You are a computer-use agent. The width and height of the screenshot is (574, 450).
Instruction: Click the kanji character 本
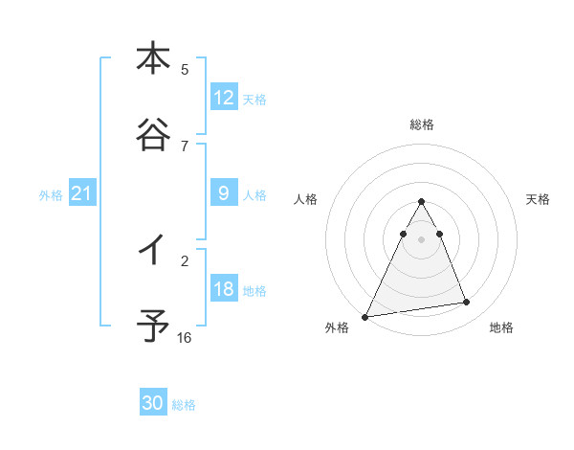(152, 58)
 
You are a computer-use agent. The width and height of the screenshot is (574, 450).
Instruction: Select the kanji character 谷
(152, 137)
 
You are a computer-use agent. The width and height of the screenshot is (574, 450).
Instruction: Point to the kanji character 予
(152, 326)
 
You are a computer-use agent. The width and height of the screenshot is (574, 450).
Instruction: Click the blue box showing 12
(223, 98)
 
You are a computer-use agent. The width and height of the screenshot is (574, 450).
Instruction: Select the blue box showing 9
(223, 193)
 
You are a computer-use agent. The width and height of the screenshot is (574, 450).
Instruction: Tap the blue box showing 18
(223, 289)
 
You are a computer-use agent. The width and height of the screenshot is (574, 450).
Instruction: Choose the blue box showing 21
(82, 193)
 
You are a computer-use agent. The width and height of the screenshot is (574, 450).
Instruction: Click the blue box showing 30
(153, 403)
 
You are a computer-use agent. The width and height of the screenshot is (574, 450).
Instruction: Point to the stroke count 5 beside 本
(185, 70)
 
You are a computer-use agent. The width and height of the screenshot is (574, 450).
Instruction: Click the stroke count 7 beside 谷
(185, 146)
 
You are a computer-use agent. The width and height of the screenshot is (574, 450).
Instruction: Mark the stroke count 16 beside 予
(185, 338)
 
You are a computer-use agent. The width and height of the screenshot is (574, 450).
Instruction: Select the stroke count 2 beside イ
(185, 260)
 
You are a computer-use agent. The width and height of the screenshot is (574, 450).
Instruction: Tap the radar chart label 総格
(422, 124)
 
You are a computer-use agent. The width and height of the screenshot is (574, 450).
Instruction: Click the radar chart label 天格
(539, 199)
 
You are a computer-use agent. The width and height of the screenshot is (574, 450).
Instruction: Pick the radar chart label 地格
(501, 327)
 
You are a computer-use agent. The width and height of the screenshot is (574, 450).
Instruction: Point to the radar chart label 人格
(305, 199)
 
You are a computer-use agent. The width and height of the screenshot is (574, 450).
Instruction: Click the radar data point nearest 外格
(365, 316)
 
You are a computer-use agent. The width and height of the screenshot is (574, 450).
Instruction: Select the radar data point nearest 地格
(467, 303)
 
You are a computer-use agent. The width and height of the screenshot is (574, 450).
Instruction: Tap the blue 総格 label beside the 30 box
(184, 405)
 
